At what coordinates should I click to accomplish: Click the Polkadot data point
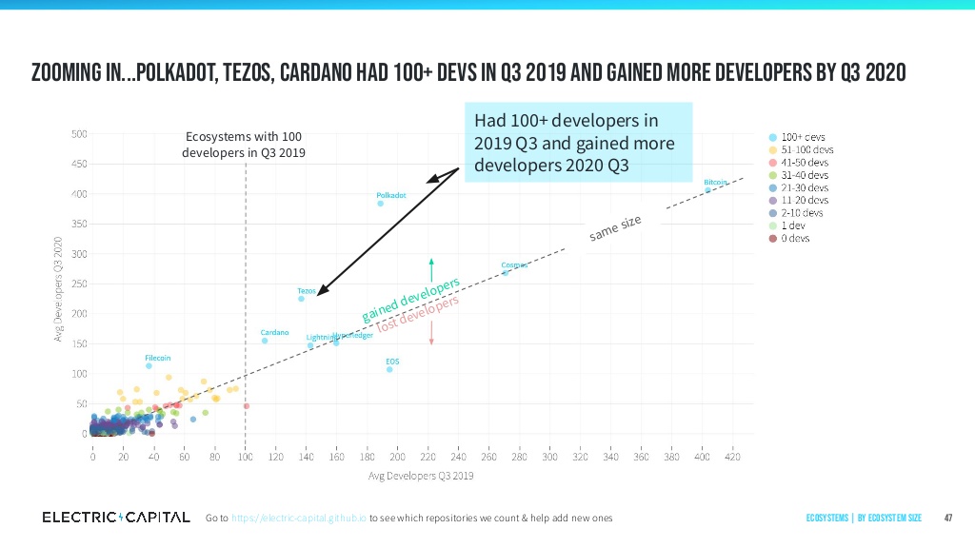coord(380,203)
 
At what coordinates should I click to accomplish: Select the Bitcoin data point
coord(707,189)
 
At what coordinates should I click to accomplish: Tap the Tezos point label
coord(306,289)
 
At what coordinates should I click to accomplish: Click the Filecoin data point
coord(149,365)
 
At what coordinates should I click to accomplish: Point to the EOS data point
coord(389,369)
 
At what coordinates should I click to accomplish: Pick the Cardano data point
coord(265,341)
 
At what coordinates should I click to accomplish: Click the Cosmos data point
coord(506,272)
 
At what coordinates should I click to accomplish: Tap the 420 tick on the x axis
coord(732,457)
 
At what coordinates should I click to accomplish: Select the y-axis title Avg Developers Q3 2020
coord(58,285)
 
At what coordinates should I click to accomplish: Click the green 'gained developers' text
coord(410,299)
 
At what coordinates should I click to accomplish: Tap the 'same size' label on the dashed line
coord(615,228)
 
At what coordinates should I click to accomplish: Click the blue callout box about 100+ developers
coord(577,143)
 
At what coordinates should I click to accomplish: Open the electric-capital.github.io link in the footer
coord(298,518)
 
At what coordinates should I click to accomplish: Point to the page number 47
coord(947,518)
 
